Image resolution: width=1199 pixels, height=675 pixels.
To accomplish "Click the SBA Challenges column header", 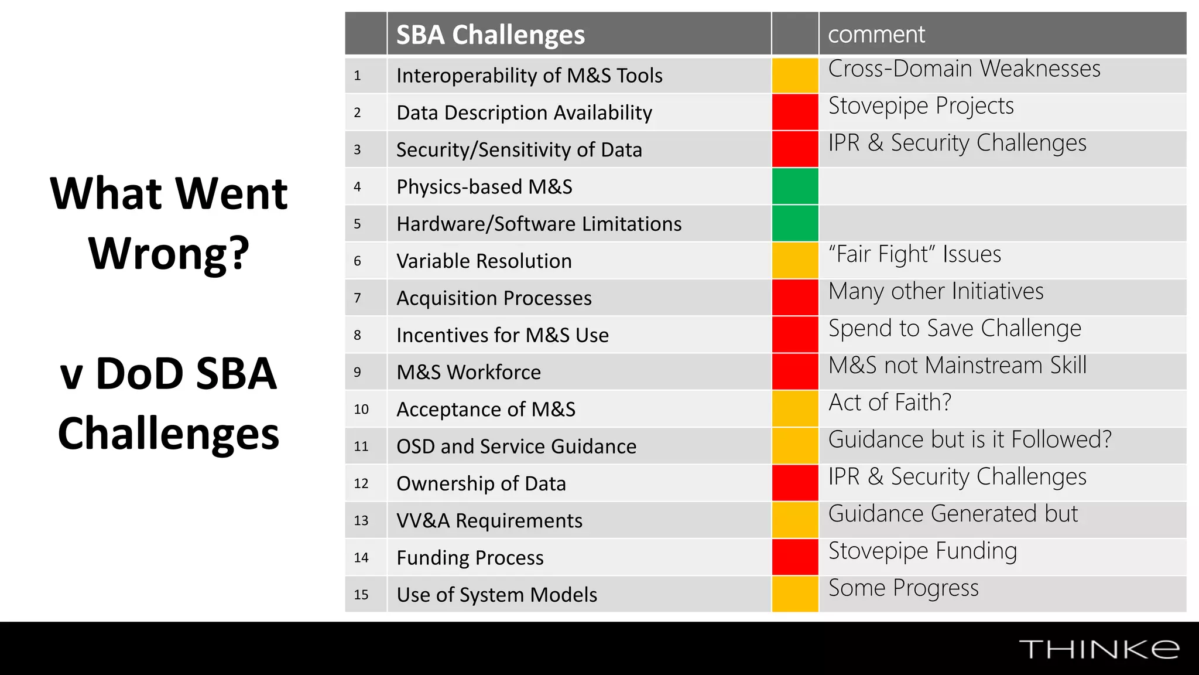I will [490, 35].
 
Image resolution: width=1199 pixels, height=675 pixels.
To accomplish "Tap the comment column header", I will [876, 35].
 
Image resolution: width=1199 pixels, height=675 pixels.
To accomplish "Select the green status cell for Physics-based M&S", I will [794, 186].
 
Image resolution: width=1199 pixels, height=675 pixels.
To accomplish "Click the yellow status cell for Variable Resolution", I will [794, 261].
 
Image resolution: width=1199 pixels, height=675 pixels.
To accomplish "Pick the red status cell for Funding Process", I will [794, 557].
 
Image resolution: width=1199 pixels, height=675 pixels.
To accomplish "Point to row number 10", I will [361, 409].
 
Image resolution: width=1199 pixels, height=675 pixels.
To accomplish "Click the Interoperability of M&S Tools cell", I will [529, 76].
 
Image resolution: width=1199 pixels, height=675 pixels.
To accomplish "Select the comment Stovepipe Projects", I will [921, 106].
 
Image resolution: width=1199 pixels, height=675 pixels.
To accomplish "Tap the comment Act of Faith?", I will [890, 403].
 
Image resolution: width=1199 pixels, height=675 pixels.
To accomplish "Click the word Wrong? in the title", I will [169, 253].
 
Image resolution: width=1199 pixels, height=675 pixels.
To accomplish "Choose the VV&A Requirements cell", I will [489, 520].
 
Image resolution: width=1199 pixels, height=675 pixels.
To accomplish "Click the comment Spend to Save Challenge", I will [954, 329].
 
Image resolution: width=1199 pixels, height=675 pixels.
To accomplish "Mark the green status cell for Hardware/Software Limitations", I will [794, 223].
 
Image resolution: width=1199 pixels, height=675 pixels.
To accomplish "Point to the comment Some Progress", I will [903, 588].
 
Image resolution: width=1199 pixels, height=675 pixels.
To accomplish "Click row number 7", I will [357, 298].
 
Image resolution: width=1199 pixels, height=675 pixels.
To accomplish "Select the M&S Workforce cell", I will [468, 372].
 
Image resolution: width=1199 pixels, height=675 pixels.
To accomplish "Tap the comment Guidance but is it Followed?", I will [970, 439].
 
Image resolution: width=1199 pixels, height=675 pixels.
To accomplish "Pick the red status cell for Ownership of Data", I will [794, 483].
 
